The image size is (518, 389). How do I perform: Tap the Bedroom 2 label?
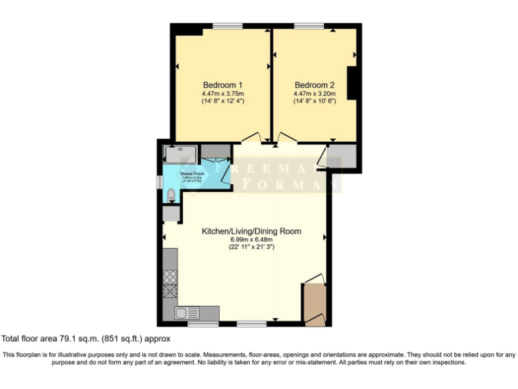coord(315,85)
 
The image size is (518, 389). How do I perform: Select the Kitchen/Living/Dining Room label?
coord(252,231)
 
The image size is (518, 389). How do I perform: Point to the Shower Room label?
coord(192,174)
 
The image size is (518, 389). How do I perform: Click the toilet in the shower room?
coord(171,195)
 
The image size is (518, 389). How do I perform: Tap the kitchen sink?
coord(187,313)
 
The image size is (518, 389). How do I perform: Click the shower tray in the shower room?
coord(181,155)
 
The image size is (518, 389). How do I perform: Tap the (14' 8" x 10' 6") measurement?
coord(315,101)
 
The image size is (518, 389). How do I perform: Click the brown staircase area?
coord(314,304)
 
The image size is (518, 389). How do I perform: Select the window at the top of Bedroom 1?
coord(227,26)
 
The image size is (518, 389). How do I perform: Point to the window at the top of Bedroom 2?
coord(308,26)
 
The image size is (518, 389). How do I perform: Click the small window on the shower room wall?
coord(159,183)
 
